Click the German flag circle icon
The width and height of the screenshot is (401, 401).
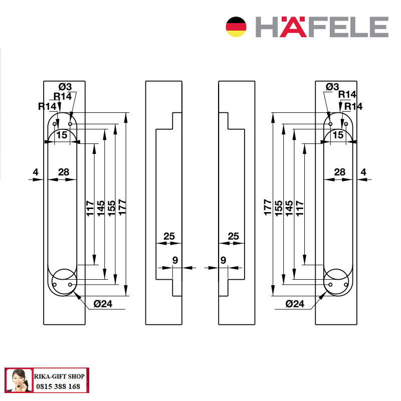point(236,27)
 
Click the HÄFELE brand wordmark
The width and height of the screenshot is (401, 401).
point(322,27)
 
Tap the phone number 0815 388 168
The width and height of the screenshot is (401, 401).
point(58,386)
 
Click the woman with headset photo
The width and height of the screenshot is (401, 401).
point(19,380)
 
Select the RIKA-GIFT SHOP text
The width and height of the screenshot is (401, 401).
point(59,376)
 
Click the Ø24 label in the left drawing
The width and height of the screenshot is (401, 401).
point(103,304)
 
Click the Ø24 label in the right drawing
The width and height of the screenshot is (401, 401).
point(295,304)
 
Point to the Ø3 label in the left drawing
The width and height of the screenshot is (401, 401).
point(65,87)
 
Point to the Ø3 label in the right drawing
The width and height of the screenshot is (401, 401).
point(332,87)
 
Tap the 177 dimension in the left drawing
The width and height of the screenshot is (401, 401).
point(122,207)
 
